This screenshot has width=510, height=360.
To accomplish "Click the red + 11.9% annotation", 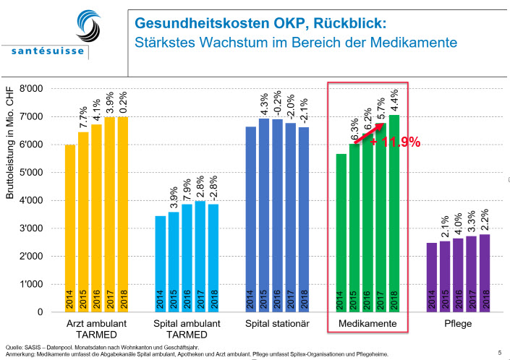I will click(395, 142).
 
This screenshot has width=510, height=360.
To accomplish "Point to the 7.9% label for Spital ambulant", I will click(187, 189).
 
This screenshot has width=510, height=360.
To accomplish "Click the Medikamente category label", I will click(367, 325).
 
